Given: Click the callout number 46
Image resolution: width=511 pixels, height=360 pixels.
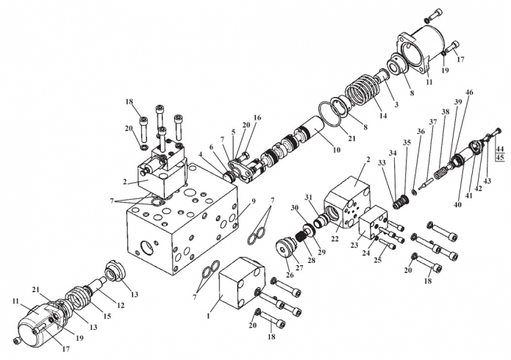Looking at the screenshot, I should pyautogui.click(x=469, y=93).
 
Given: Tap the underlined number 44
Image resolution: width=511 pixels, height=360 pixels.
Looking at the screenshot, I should pyautogui.click(x=500, y=148).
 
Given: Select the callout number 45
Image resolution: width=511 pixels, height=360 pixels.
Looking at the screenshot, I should pyautogui.click(x=500, y=157).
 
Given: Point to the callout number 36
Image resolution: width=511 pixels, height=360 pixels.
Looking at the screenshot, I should pyautogui.click(x=421, y=132).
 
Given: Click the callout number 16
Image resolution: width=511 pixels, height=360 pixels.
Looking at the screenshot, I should pyautogui.click(x=257, y=118).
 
